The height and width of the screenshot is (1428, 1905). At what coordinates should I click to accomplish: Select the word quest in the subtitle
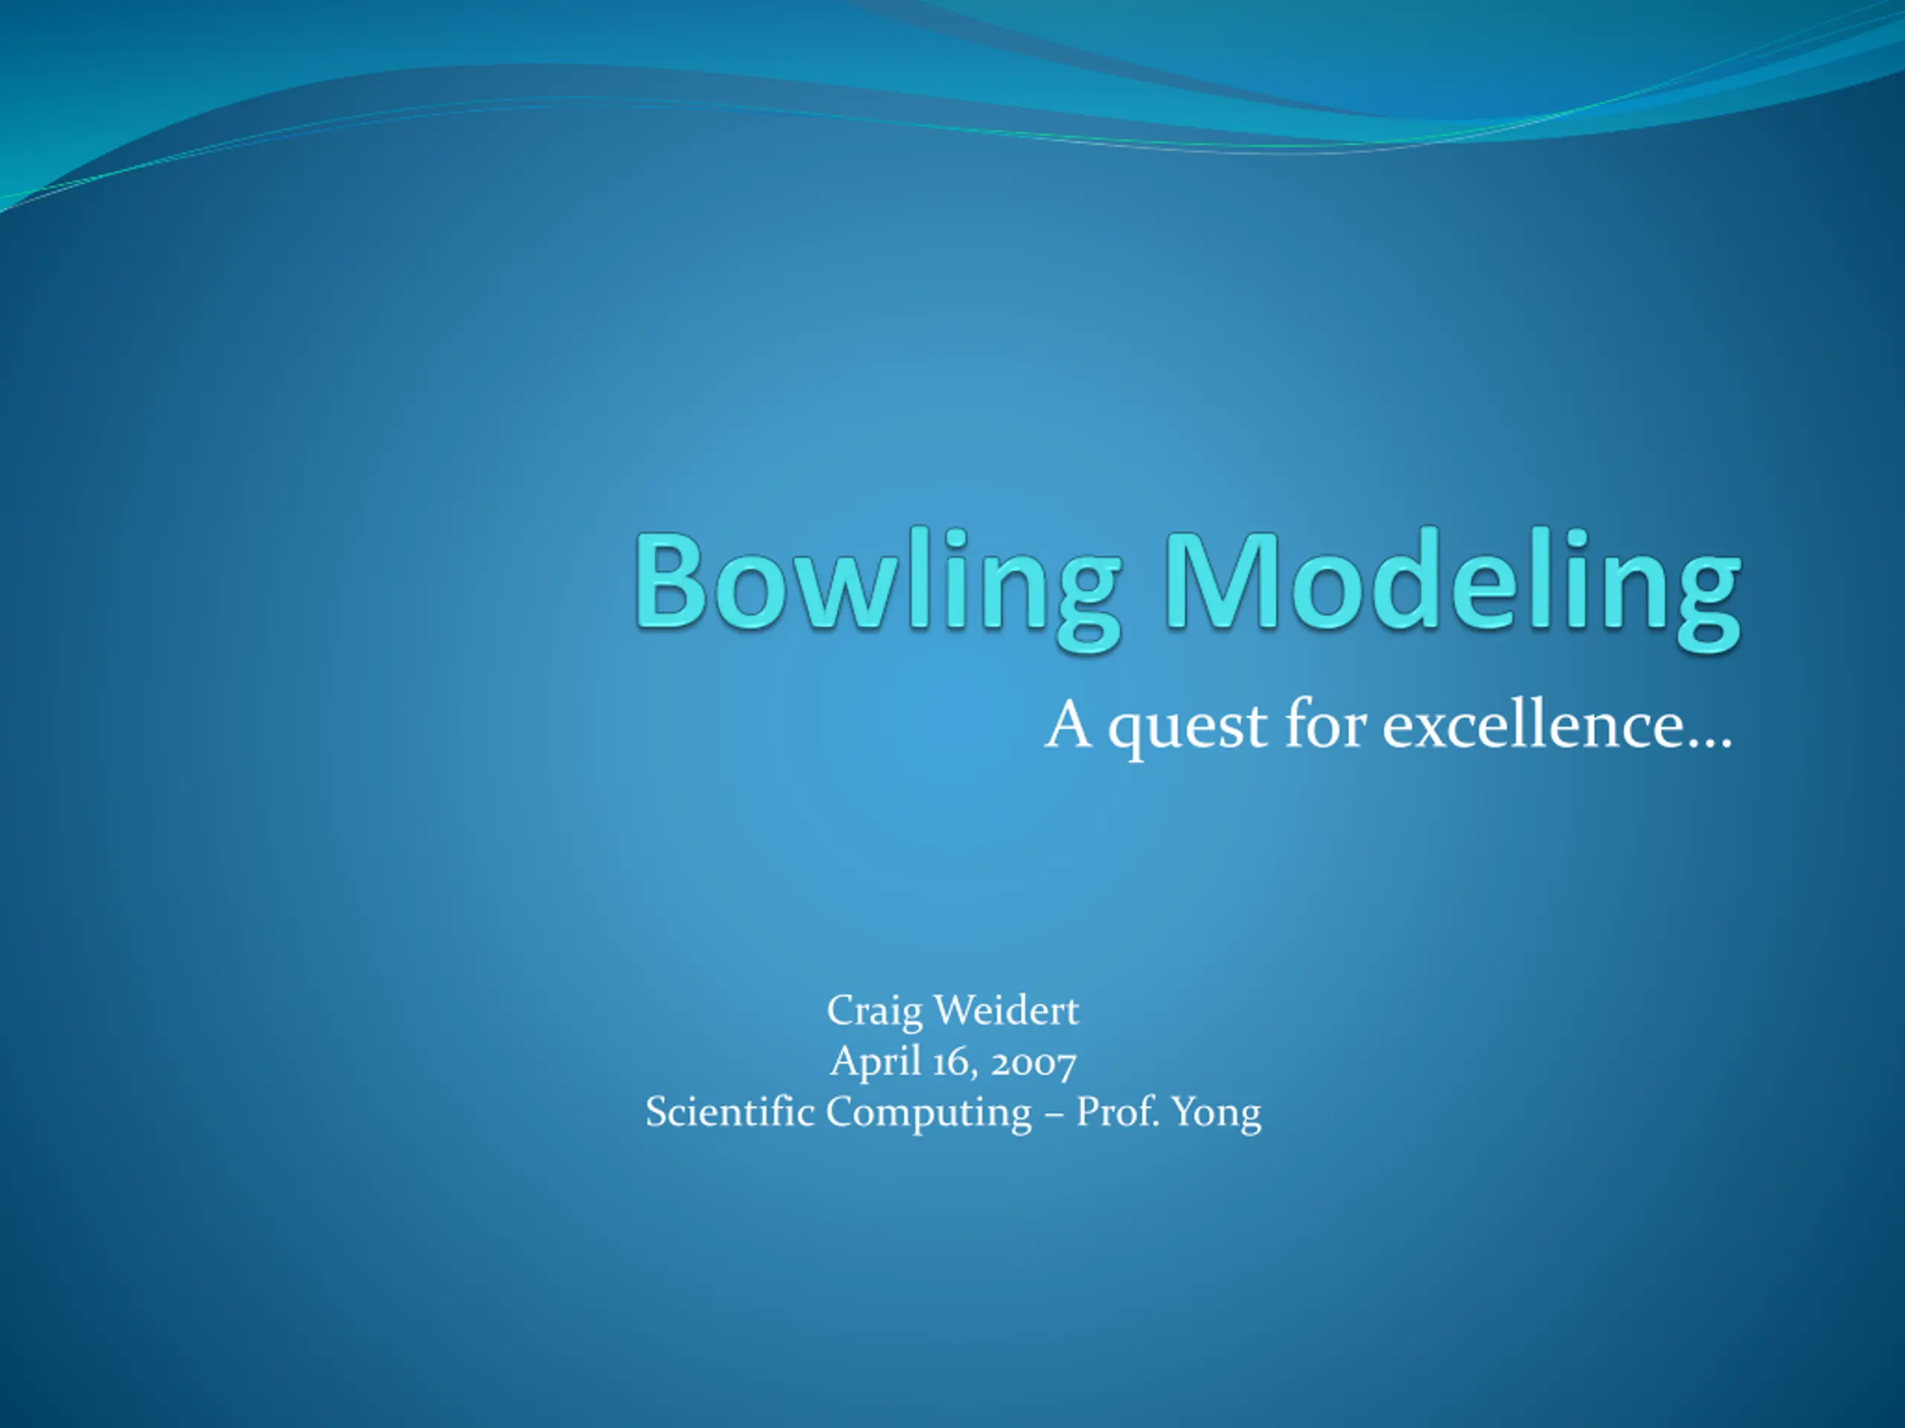(x=1188, y=727)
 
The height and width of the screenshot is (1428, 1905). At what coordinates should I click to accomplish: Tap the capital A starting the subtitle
(x=1069, y=723)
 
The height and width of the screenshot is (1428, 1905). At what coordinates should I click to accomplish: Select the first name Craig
(x=874, y=1012)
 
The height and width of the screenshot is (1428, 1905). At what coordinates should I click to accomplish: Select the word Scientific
(x=729, y=1111)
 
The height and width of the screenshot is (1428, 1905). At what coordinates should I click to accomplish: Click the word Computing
(x=929, y=1114)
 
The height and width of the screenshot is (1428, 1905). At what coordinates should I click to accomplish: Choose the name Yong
(x=1216, y=1115)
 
